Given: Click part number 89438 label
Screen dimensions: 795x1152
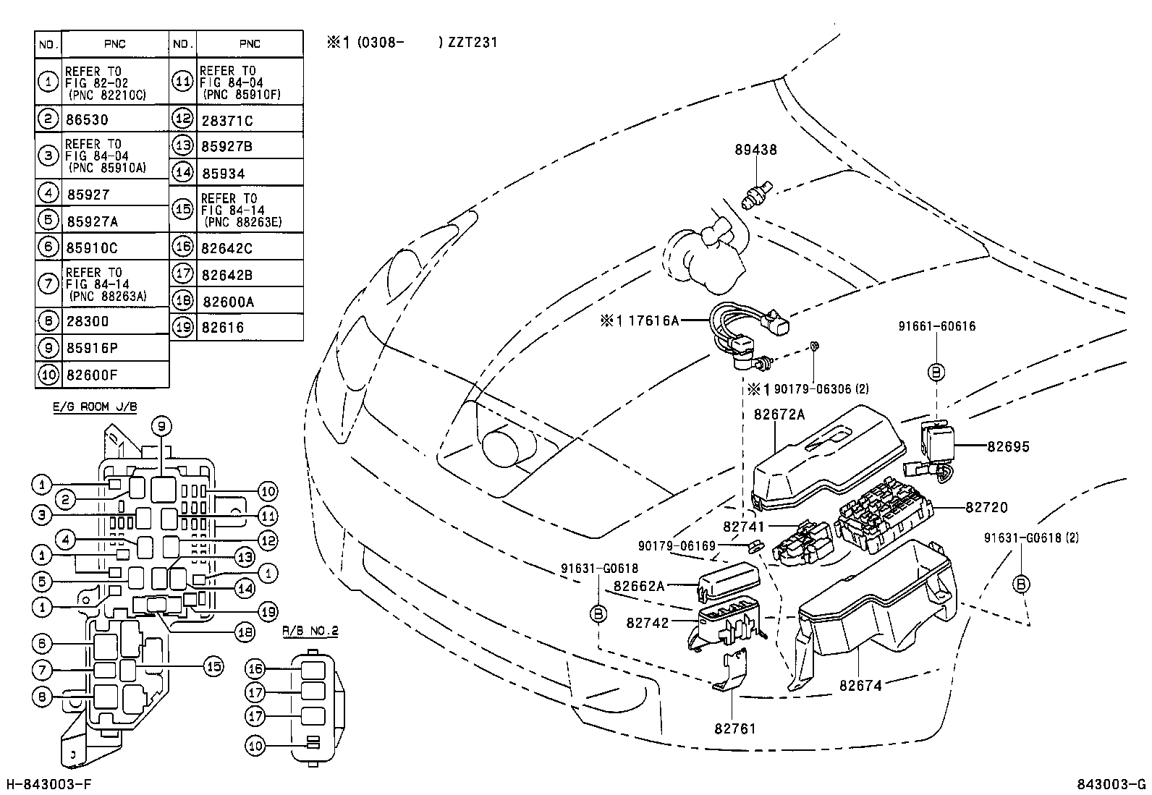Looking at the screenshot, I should pos(756,150).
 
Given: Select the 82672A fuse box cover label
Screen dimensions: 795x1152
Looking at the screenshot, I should pos(779,414).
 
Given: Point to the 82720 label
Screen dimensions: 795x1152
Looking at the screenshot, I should pos(986,508).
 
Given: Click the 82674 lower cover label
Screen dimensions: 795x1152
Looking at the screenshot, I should pos(860,684).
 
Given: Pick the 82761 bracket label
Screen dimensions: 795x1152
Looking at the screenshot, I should pos(734,728).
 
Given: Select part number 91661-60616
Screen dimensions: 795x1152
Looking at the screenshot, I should pos(936,326).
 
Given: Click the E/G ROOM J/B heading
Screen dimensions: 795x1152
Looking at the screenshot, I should pos(95,407).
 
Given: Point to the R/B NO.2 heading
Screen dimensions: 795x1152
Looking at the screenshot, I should pos(310,631).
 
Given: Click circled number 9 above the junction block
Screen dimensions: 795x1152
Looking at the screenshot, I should pos(161,426).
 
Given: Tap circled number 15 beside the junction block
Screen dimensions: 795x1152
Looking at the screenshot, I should pos(213,666).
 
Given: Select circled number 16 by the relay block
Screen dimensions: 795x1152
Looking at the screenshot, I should pos(255,668).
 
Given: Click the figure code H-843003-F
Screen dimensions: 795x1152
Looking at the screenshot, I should pos(49,785).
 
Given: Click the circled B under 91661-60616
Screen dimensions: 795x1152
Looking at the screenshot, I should pos(936,372).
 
